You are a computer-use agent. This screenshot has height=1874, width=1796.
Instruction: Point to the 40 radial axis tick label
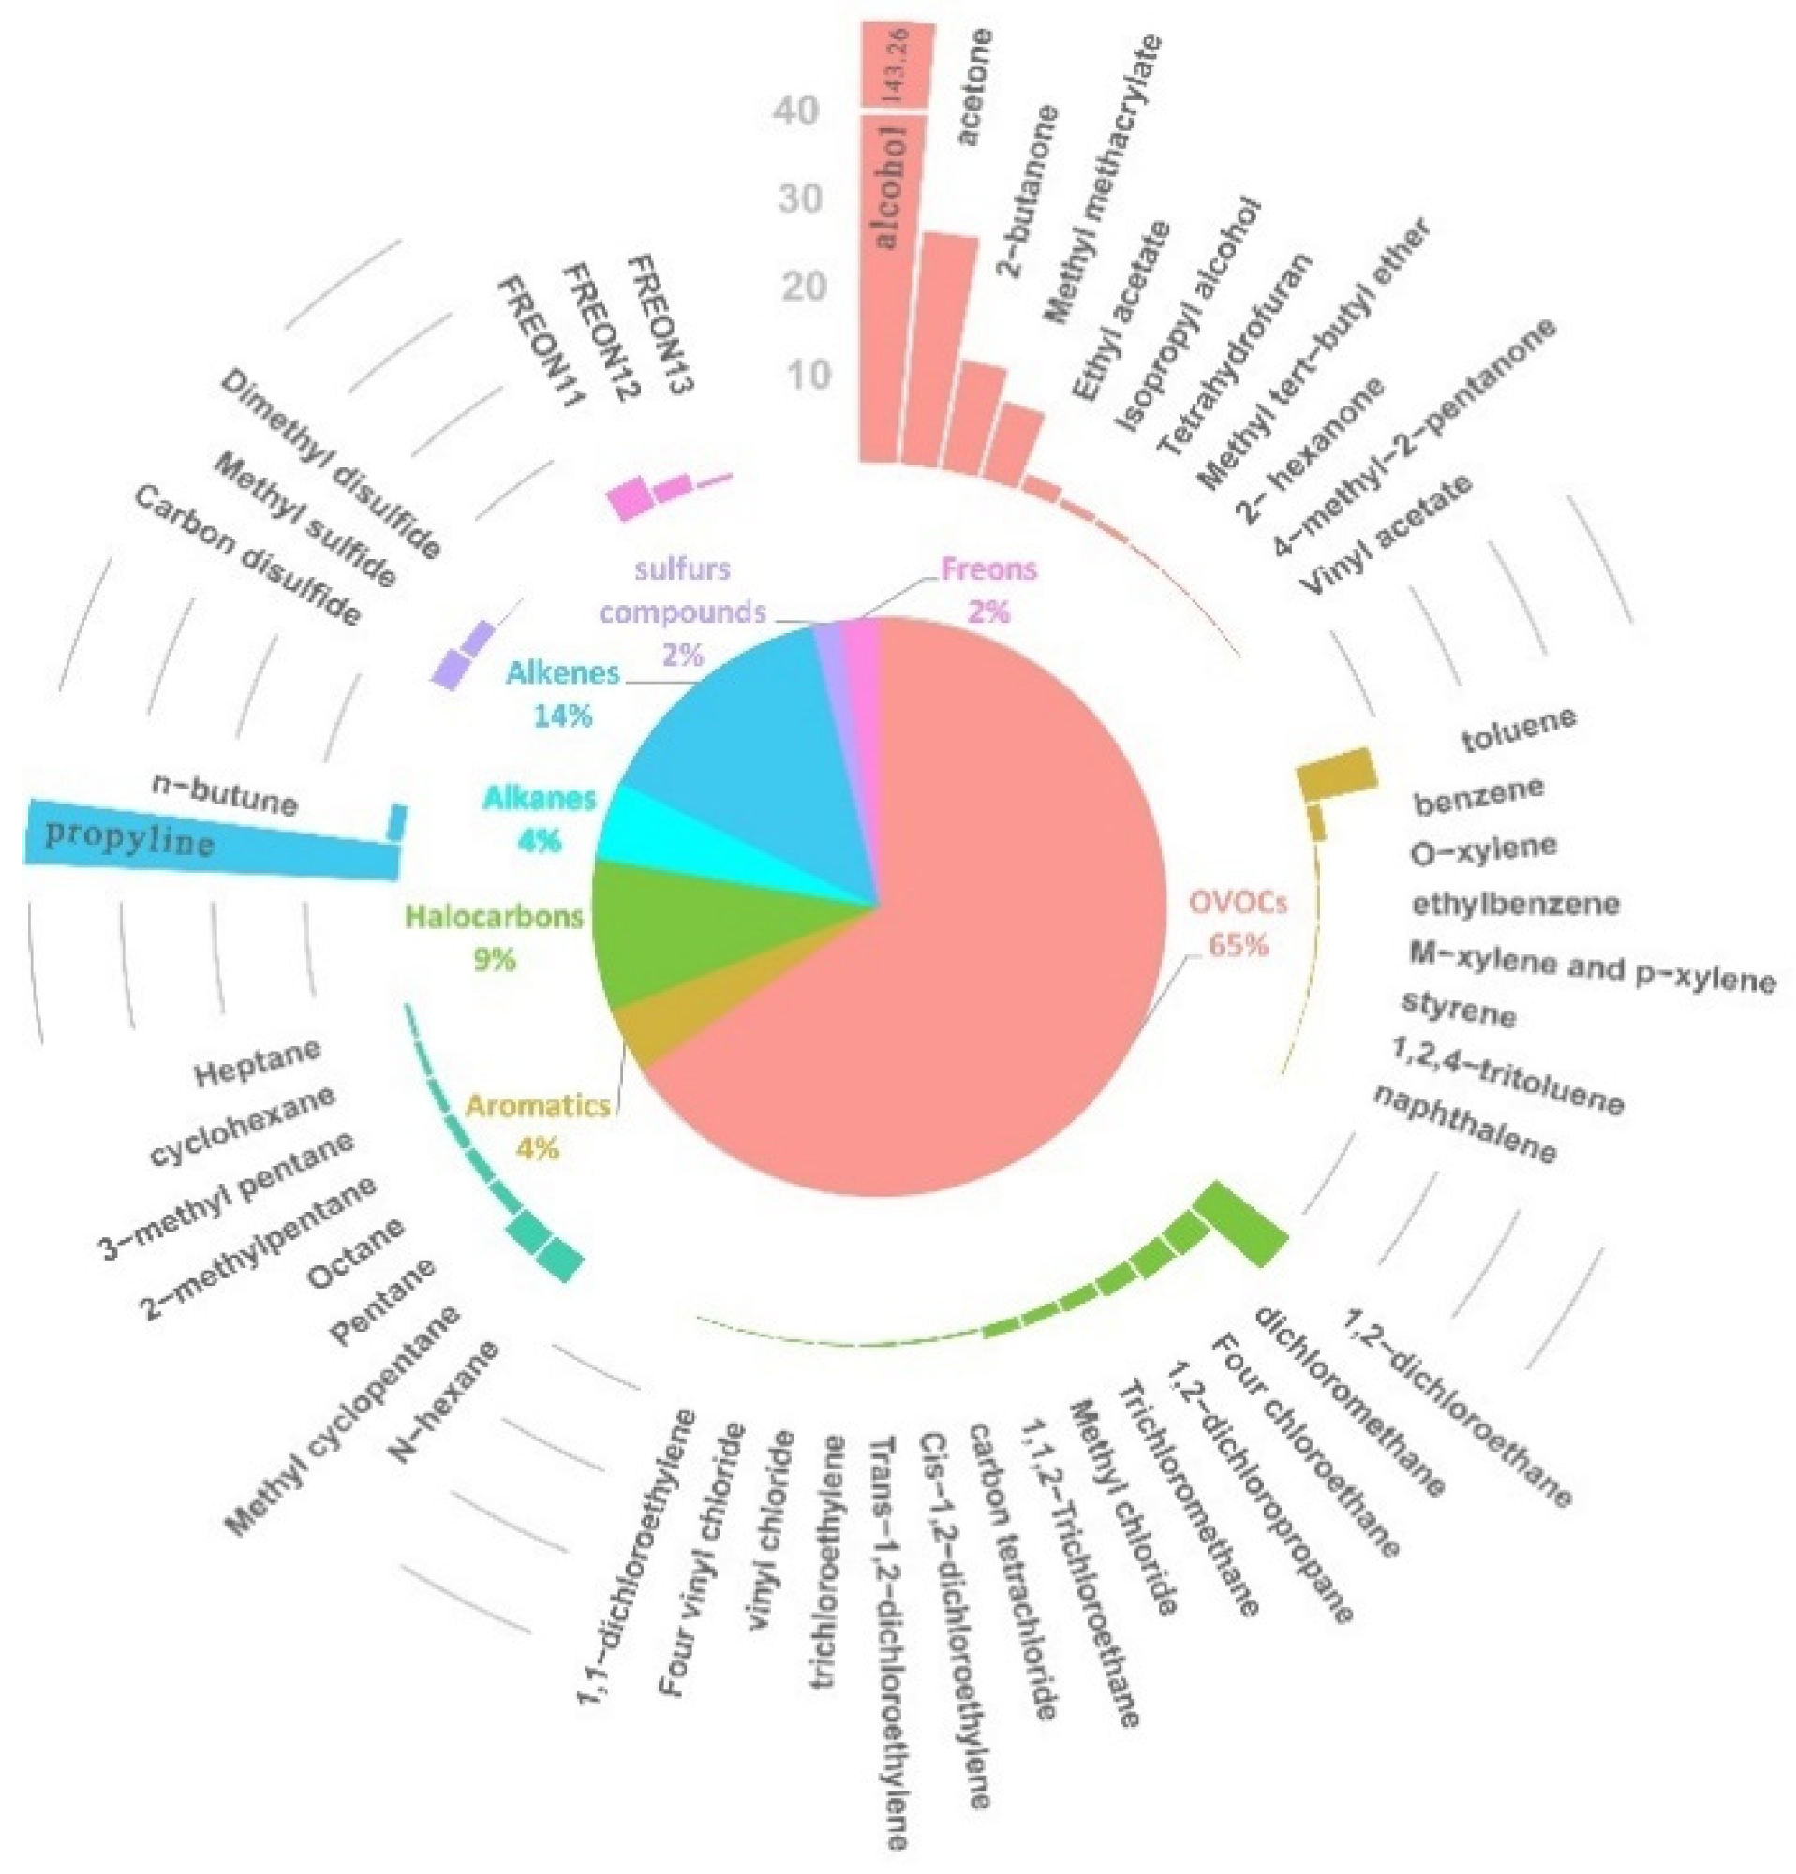[x=796, y=111]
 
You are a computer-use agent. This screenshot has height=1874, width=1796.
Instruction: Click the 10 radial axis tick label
[x=809, y=375]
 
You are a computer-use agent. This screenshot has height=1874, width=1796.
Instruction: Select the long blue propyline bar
[x=211, y=841]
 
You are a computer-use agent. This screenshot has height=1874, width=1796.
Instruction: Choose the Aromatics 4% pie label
[x=538, y=1127]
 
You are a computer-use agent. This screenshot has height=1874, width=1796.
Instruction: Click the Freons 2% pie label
[x=987, y=589]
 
